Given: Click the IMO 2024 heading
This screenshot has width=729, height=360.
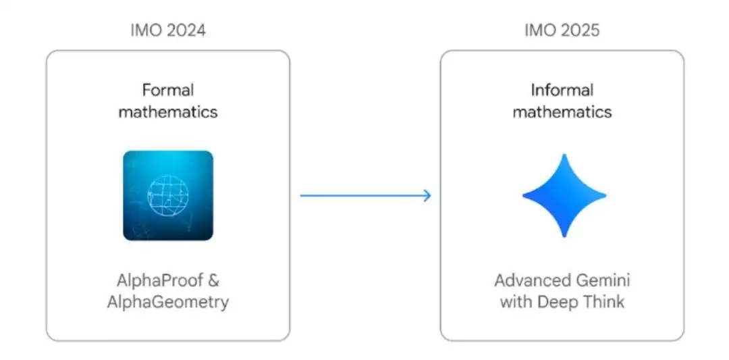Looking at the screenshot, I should coord(168,30).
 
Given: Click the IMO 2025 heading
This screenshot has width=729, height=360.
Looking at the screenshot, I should coord(562,30).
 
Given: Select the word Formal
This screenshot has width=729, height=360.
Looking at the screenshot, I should coord(168,90).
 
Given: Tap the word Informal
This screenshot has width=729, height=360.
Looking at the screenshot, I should coord(562,90).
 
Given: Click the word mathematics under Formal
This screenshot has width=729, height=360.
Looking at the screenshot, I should coord(168,111).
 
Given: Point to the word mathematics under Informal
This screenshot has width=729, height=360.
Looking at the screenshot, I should coord(562,111).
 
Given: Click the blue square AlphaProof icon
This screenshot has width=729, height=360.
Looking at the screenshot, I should coord(168,196).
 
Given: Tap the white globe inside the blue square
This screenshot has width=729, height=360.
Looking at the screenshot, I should coord(168,196).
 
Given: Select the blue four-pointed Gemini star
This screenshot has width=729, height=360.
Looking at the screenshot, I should coord(564,196).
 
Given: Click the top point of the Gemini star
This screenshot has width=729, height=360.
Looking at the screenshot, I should coord(564,159).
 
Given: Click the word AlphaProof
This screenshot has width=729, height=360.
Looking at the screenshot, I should coord(157,280).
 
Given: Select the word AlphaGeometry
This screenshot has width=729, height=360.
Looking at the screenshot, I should coord(168,302).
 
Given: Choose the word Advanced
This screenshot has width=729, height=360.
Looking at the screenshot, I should coord(526,280).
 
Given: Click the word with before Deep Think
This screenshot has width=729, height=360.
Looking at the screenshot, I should coord(516,302).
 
